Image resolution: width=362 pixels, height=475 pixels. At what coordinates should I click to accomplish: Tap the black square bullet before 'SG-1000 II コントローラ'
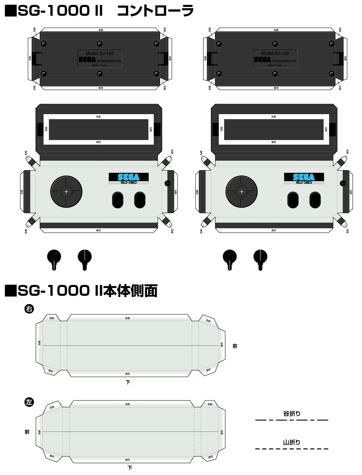coord(10,11)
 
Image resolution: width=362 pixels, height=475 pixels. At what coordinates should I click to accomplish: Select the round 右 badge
coord(29,309)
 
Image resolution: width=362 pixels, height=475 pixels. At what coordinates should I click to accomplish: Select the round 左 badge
coord(29,402)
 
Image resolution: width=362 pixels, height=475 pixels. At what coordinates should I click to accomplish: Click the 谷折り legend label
coord(292,413)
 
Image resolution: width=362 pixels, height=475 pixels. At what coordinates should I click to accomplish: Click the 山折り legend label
coord(292,442)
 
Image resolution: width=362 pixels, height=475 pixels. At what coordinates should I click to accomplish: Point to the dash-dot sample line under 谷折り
coord(292,420)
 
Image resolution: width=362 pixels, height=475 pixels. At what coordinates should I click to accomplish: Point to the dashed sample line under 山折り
coord(292,449)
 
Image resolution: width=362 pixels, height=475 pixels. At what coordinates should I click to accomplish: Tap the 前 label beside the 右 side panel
coord(235,346)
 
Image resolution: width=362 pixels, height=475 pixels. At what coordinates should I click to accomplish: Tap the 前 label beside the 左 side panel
coord(27,432)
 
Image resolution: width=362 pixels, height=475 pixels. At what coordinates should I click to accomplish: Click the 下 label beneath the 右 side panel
coord(128,382)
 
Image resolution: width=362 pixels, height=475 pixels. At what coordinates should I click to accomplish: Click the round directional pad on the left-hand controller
coord(66,191)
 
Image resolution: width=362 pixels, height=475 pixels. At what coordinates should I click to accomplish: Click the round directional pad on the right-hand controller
coord(241,191)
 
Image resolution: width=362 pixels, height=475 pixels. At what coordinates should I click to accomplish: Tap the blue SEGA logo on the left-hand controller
coord(129,177)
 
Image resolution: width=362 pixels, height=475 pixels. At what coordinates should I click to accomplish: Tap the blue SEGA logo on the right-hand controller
coord(304,177)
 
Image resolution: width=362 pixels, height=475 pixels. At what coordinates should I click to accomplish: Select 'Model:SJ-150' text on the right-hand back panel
coord(275,53)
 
